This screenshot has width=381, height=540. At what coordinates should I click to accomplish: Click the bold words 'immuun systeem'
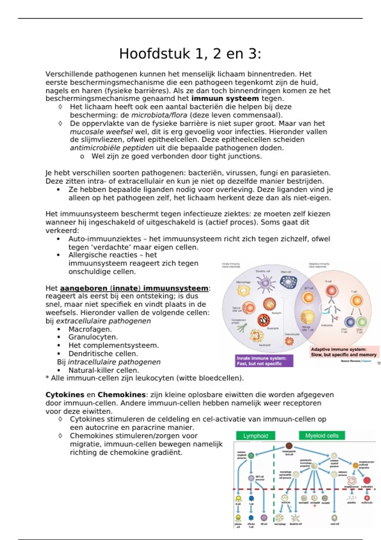click(x=225, y=99)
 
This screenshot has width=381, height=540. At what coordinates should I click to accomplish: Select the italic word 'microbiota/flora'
click(x=159, y=115)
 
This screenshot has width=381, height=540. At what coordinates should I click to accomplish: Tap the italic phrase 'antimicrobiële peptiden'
click(x=112, y=148)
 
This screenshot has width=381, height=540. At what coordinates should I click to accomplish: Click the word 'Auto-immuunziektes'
click(x=105, y=239)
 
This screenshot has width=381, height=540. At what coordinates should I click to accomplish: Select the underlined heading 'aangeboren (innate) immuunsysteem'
click(x=134, y=288)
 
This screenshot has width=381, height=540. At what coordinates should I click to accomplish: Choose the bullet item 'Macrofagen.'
click(x=90, y=329)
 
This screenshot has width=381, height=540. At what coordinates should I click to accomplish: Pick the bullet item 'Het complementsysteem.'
click(x=113, y=346)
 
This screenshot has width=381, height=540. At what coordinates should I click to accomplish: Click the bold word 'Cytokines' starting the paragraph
click(x=65, y=395)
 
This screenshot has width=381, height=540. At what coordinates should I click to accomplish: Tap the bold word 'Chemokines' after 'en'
click(x=121, y=395)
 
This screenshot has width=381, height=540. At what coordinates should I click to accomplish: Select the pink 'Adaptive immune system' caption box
click(x=344, y=352)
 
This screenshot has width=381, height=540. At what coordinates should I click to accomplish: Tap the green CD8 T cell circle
click(x=362, y=322)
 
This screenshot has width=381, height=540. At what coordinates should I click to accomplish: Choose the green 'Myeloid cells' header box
click(x=322, y=435)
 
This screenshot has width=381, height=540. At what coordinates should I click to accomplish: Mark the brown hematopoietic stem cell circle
click(x=289, y=446)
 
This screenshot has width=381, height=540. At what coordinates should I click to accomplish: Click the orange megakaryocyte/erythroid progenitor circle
click(x=356, y=465)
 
